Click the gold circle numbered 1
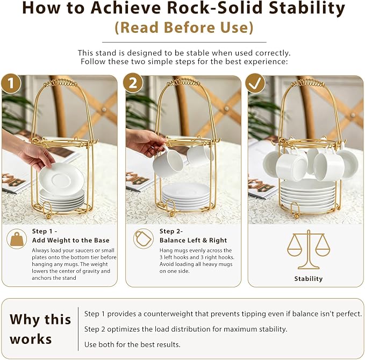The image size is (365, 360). (11, 83)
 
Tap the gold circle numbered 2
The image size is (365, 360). (133, 83)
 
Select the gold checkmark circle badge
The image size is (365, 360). (255, 83)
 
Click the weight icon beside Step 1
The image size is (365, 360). (17, 239)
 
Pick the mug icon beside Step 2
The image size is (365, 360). (144, 238)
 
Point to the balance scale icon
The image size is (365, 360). (309, 250)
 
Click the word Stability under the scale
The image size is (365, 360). (309, 279)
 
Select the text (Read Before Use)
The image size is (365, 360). (184, 27)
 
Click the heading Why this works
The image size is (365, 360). (40, 329)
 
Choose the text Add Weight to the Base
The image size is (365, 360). (71, 241)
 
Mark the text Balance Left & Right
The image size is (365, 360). (193, 241)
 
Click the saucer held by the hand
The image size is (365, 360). (61, 179)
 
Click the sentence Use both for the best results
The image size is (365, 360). (132, 344)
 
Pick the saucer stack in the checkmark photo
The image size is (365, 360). (307, 195)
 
